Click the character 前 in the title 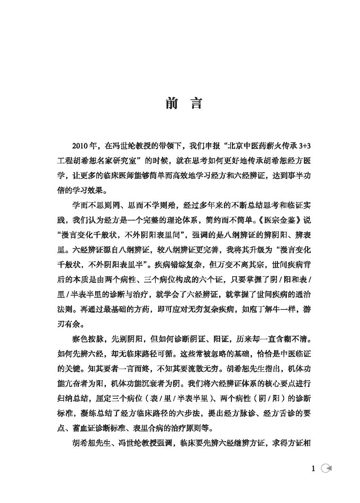click(171, 104)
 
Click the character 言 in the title click(196, 104)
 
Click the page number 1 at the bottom click(313, 469)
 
